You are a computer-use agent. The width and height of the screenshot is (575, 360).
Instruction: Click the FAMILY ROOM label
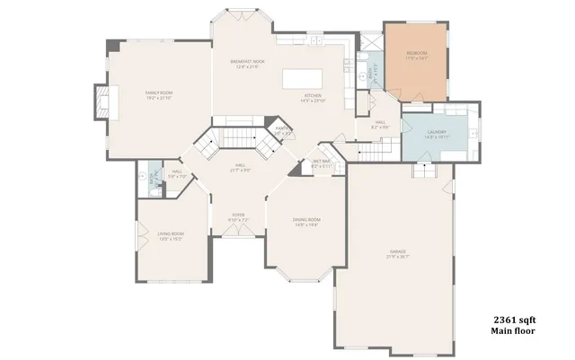click(159, 92)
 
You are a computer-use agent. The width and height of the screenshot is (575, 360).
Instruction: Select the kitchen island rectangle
click(302, 79)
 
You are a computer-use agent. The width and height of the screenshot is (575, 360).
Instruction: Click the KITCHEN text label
click(312, 96)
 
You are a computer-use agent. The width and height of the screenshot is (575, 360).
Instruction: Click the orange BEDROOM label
click(414, 55)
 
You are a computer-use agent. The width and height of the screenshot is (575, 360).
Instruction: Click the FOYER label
click(238, 215)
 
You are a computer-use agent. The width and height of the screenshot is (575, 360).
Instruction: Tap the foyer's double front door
click(238, 232)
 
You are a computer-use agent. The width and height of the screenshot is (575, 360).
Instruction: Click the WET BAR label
click(322, 162)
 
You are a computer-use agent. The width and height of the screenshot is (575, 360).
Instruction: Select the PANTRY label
click(283, 131)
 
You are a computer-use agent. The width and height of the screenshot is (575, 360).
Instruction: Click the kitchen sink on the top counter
click(317, 40)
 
